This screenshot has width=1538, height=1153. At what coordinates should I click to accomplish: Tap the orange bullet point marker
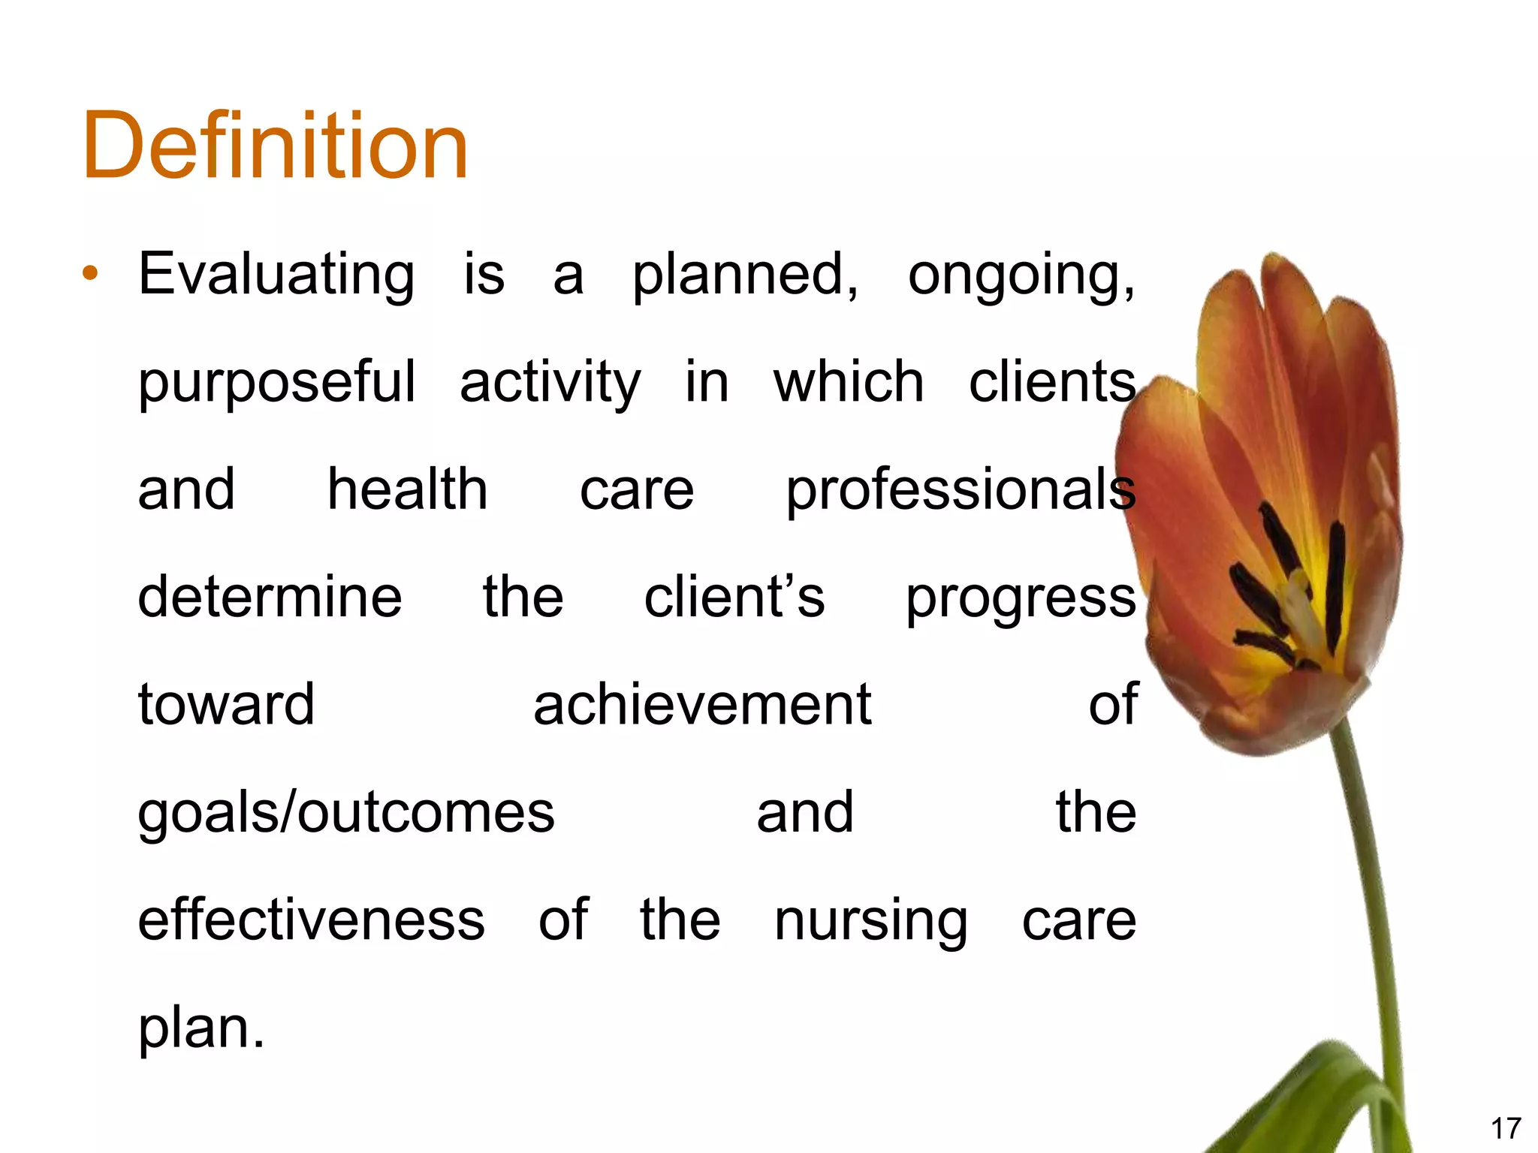point(91,274)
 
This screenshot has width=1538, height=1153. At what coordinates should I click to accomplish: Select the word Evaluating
point(276,275)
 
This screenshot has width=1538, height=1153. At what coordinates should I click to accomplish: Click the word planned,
point(745,275)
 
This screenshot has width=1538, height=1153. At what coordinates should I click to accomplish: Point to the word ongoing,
point(1021,275)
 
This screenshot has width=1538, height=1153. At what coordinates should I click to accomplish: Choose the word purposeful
point(276,383)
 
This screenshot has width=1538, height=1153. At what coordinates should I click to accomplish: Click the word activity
point(550,383)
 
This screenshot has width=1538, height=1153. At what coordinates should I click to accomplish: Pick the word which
point(849,381)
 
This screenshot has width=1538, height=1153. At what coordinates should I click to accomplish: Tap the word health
point(408,489)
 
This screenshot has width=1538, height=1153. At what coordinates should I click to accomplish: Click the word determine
point(270,597)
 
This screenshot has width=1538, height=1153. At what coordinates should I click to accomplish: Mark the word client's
point(734,597)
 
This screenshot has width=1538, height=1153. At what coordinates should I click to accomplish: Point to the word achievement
point(702,705)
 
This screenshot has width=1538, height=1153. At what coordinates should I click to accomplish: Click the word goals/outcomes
point(346,813)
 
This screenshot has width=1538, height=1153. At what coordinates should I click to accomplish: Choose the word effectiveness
point(312,920)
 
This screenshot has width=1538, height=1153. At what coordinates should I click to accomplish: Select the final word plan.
point(201,1028)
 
